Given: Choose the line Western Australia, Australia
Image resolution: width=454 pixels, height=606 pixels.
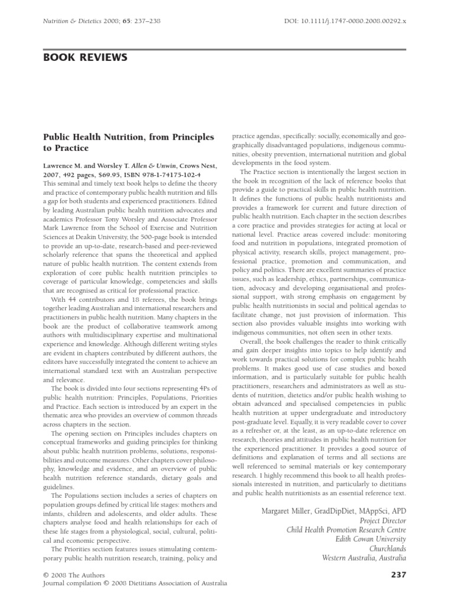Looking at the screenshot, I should coord(364,557).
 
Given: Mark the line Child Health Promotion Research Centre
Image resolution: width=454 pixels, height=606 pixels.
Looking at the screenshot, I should coord(346,530).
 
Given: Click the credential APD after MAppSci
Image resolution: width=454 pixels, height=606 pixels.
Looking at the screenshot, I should coord(398,510).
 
